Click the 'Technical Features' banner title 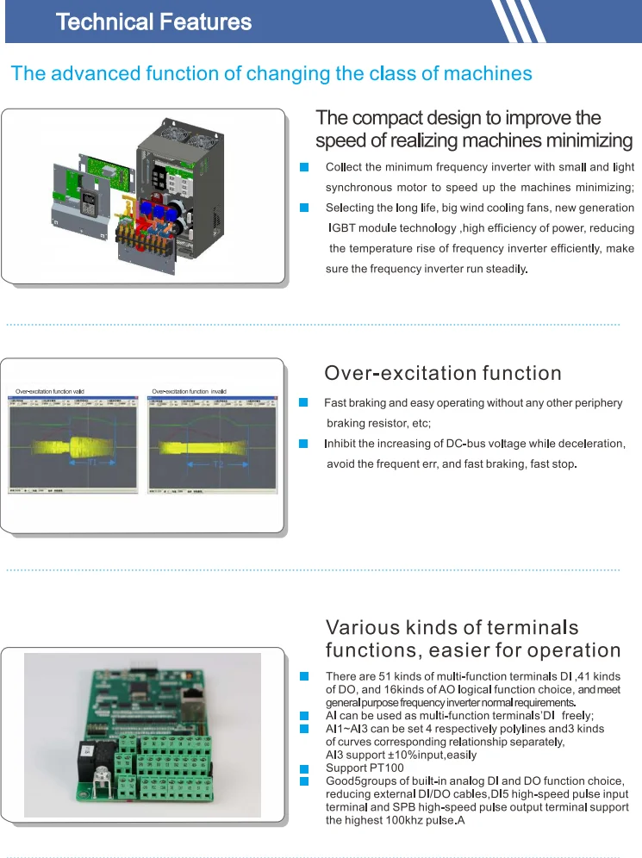pyautogui.click(x=153, y=22)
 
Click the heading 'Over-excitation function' pyautogui.click(x=442, y=373)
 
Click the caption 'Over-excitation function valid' pyautogui.click(x=50, y=392)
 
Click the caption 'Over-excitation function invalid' pyautogui.click(x=189, y=392)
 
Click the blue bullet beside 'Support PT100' pyautogui.click(x=303, y=768)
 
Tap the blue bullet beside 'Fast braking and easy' pyautogui.click(x=303, y=402)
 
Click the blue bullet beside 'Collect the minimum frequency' pyautogui.click(x=303, y=166)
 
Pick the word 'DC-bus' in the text pyautogui.click(x=467, y=444)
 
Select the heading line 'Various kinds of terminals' pyautogui.click(x=452, y=627)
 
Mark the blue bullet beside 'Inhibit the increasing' pyautogui.click(x=303, y=444)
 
